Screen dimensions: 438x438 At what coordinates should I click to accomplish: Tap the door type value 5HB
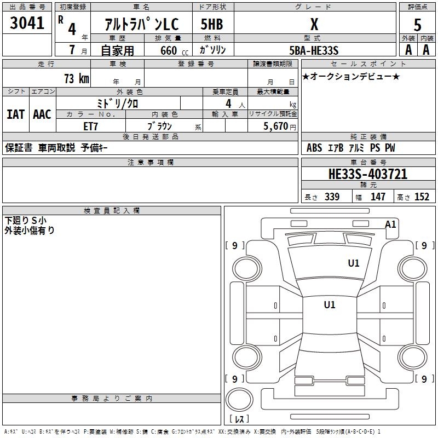point(212,24)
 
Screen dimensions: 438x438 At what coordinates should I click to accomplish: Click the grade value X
point(314,24)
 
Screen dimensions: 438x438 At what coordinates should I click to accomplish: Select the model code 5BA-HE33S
point(314,50)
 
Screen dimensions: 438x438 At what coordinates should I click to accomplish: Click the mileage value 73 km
point(76,78)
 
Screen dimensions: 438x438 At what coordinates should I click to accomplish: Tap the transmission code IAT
point(15,114)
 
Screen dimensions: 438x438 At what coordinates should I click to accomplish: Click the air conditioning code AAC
point(42,114)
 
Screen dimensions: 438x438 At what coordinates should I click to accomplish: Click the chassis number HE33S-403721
point(367,174)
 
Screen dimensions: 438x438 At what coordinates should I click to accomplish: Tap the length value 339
point(332,197)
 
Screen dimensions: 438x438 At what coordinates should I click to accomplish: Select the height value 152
point(421,197)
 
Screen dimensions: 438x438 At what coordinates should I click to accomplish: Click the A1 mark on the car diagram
point(390,224)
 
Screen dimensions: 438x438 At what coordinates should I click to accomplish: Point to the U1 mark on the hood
point(354,263)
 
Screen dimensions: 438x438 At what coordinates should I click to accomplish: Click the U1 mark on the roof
point(329,304)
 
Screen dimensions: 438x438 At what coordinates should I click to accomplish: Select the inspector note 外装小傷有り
point(30,230)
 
